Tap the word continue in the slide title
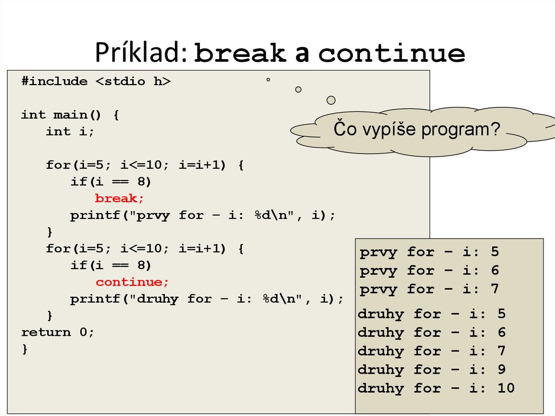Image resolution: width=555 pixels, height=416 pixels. click(392, 53)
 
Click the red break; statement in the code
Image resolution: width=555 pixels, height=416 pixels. click(120, 199)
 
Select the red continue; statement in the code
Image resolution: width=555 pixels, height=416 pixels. click(133, 282)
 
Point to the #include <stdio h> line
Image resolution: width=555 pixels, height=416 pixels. click(96, 81)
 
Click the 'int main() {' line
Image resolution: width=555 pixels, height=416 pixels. click(70, 115)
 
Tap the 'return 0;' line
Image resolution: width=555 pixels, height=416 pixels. click(57, 332)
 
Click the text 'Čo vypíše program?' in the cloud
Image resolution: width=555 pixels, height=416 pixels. click(416, 130)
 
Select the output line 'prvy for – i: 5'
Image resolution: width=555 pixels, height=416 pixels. click(429, 252)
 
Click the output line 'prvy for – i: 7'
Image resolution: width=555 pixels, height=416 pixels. click(429, 289)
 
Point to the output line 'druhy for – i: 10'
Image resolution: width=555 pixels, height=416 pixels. click(436, 388)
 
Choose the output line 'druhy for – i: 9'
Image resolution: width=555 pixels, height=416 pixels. click(432, 370)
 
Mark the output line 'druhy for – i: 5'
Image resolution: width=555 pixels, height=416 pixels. click(432, 314)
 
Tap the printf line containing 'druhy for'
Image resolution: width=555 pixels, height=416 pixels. click(206, 299)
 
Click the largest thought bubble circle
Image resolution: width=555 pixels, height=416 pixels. click(331, 100)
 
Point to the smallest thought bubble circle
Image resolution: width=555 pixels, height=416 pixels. click(268, 80)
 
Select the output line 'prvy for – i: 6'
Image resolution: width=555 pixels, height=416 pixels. click(429, 271)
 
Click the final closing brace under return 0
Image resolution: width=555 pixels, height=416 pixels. click(24, 349)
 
